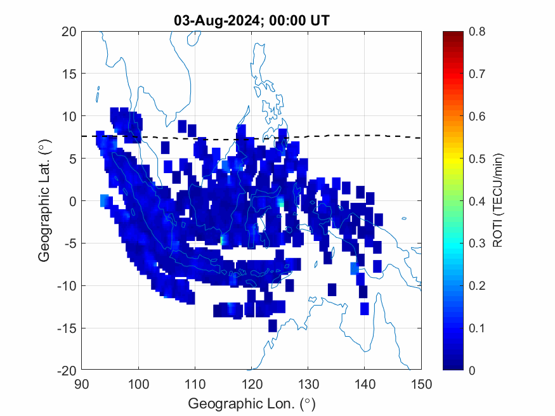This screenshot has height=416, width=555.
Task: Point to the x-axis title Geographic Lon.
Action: click(251, 404)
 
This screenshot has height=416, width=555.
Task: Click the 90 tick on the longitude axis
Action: click(81, 384)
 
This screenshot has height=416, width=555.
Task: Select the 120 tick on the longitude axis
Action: click(252, 384)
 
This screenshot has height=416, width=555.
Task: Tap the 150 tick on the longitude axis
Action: click(422, 384)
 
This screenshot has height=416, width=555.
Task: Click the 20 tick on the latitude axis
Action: click(70, 32)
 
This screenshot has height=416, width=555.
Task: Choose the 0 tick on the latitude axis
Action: click(73, 201)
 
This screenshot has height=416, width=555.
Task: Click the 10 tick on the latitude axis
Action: click(70, 116)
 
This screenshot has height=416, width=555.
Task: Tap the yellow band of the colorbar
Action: click(452, 159)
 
